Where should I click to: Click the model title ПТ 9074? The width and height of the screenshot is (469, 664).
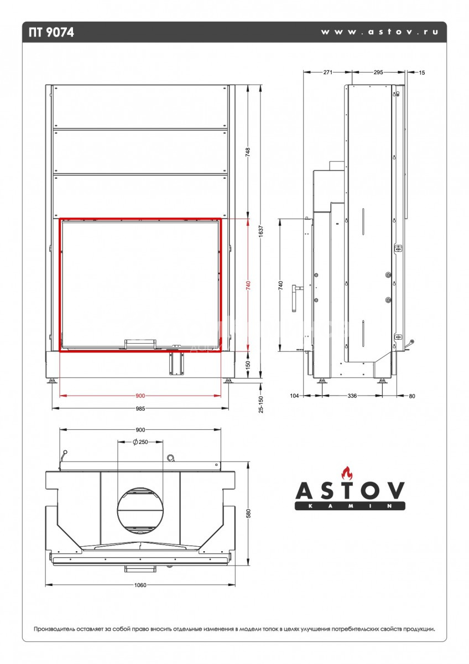[x=51, y=32]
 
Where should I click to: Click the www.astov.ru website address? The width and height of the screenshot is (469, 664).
[x=379, y=32]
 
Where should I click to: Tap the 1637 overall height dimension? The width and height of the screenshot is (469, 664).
[x=260, y=231]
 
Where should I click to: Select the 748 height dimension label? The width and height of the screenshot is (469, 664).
[x=248, y=152]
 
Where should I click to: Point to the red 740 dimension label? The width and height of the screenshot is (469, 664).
[x=248, y=285]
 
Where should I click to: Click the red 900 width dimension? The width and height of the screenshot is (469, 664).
[x=140, y=396]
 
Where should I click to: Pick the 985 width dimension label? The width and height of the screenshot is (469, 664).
[x=140, y=408]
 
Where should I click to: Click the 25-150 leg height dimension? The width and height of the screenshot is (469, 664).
[x=260, y=404]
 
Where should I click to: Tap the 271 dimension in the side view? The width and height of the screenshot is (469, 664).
[x=327, y=72]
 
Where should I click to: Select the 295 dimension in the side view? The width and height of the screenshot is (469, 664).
[x=378, y=72]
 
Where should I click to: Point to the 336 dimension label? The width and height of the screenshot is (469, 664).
[x=352, y=396]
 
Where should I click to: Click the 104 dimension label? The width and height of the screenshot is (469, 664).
[x=294, y=396]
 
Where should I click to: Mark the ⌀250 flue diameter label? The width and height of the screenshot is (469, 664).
[x=140, y=442]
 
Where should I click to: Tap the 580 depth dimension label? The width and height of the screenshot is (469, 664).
[x=248, y=513]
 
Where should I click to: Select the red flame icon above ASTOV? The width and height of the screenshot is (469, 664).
[x=347, y=473]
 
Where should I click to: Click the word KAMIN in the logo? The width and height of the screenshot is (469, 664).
[x=350, y=506]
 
